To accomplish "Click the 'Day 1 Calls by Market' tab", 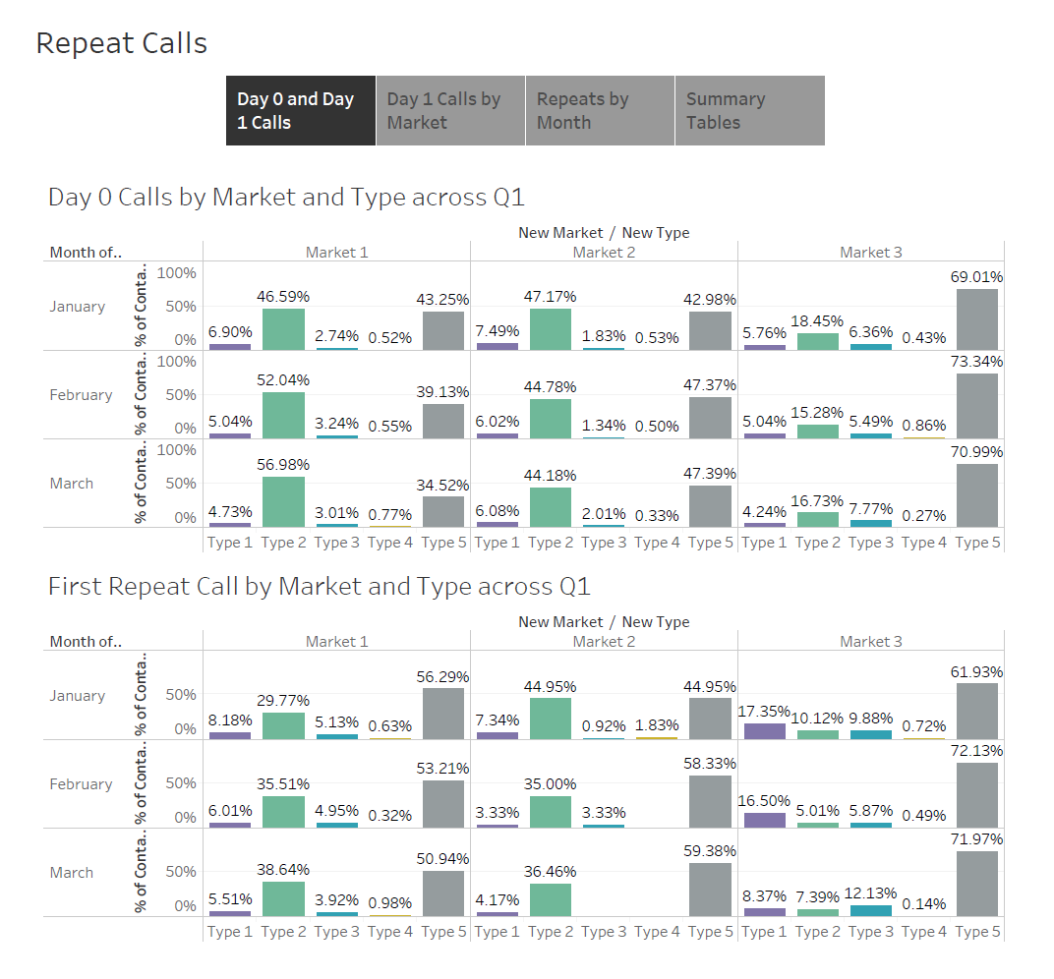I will point(450,111).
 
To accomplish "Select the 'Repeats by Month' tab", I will point(600,111).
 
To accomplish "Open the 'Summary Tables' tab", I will point(749,111).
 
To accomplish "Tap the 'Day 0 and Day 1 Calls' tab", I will point(301,111).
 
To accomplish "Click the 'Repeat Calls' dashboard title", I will point(122,44).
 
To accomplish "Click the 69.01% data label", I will point(976,277).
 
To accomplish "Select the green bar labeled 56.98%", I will point(283,501).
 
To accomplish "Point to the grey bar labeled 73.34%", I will point(976,406).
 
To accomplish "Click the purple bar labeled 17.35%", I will point(765,731).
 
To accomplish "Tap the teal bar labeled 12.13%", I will point(871,911).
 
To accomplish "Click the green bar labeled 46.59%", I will point(283,328).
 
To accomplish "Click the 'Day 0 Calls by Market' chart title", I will point(286,198).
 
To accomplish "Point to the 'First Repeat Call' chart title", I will point(320,587).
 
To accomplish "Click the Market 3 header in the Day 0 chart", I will point(870,253).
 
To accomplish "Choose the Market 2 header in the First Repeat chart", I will point(604,642).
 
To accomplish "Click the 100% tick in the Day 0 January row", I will point(178,272).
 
